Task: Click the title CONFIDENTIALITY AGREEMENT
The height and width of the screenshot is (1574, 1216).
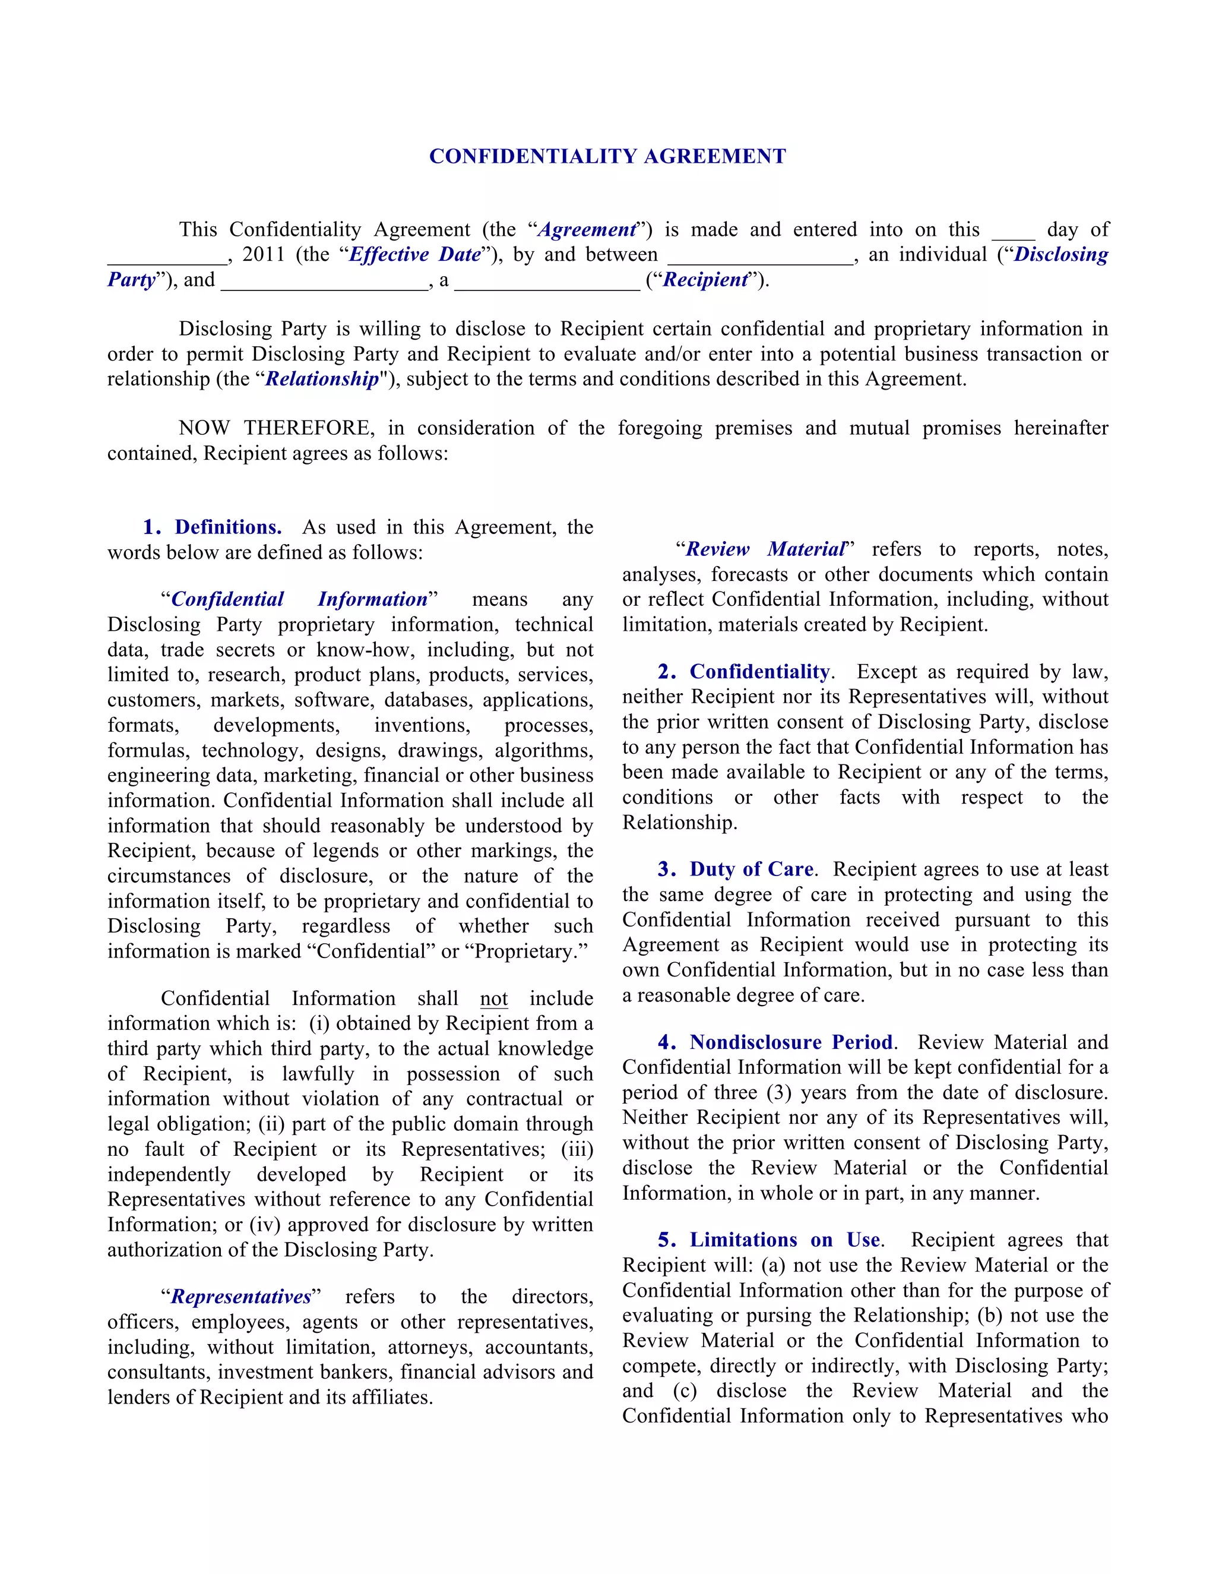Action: pyautogui.click(x=607, y=156)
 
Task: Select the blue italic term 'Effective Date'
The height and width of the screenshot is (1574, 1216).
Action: pyautogui.click(x=415, y=254)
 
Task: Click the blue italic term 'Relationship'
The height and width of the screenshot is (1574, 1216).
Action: pyautogui.click(x=322, y=379)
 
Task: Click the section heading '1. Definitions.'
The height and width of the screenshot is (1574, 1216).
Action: pyautogui.click(x=213, y=527)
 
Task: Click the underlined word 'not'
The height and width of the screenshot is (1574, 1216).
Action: pyautogui.click(x=493, y=998)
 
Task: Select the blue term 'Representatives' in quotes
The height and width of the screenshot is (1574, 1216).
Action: pyautogui.click(x=240, y=1297)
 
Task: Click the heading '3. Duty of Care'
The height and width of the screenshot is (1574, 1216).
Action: pyautogui.click(x=736, y=869)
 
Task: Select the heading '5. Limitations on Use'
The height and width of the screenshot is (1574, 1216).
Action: pyautogui.click(x=769, y=1240)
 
